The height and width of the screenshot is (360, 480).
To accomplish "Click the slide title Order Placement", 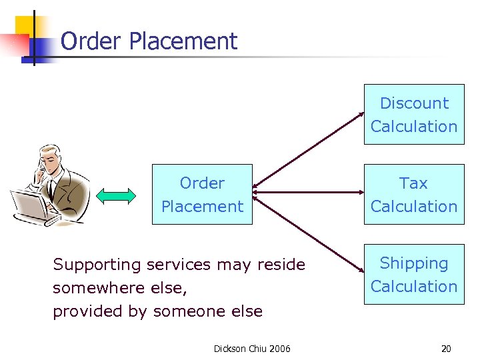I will point(149,41).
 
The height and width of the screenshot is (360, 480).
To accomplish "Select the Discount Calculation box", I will point(413,114).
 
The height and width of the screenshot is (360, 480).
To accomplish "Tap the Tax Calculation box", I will point(413,194).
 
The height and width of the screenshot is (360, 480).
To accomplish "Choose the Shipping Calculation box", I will point(413,274).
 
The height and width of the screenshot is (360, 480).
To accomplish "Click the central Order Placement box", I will point(202,194).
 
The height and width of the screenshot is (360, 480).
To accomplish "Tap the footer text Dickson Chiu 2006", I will point(252,348).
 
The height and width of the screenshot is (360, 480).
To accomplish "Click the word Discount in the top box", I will point(414,103).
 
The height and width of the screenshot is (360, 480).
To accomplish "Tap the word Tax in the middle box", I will point(413,183).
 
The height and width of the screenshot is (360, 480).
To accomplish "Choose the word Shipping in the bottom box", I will point(413,263).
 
